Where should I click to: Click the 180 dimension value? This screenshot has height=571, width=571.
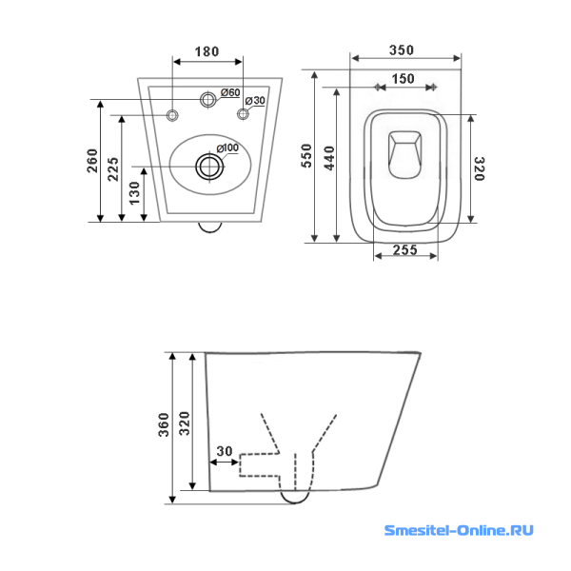[x=207, y=51]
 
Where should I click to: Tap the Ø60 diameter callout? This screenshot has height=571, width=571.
[x=230, y=92]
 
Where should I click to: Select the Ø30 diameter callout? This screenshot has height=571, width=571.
[x=255, y=100]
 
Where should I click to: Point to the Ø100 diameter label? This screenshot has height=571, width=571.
[x=227, y=148]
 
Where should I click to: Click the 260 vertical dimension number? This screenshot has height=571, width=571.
[x=92, y=161]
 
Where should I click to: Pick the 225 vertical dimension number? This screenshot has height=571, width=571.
[x=113, y=169]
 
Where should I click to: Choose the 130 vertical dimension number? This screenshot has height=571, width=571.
[x=134, y=193]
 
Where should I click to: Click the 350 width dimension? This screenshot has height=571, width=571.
[x=402, y=49]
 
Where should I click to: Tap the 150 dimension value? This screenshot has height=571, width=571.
[x=403, y=79]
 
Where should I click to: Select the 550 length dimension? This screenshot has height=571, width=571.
[x=307, y=156]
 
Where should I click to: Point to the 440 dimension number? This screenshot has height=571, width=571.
[x=329, y=158]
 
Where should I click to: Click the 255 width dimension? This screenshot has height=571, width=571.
[x=405, y=249]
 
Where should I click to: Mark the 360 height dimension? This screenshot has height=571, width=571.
[x=164, y=424]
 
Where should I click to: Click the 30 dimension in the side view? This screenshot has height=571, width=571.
[x=225, y=451]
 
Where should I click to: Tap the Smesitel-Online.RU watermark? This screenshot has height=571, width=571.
[x=459, y=530]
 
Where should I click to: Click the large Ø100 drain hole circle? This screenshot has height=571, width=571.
[x=209, y=167]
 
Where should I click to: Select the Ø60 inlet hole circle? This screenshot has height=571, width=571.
[x=207, y=99]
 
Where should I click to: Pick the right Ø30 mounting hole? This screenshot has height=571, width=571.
[x=243, y=114]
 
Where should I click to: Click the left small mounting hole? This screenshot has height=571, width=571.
[x=172, y=115]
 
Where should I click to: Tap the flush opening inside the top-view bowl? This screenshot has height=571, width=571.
[x=405, y=155]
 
